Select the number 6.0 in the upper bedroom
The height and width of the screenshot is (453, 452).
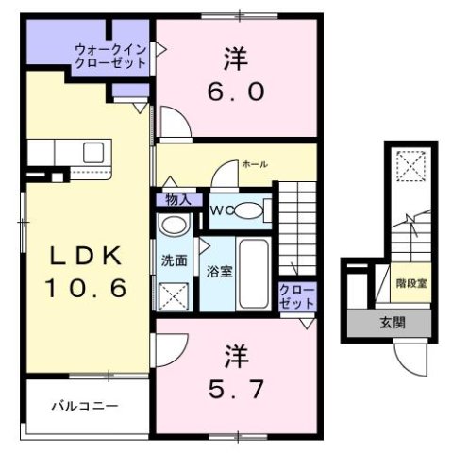236,92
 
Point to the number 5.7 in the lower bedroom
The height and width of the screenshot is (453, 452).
236,386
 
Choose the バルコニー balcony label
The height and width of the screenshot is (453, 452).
85,407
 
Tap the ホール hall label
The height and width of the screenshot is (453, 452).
255,164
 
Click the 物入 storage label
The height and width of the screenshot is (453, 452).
177,200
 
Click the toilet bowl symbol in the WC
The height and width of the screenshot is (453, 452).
251,210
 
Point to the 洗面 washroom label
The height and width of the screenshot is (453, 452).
174,260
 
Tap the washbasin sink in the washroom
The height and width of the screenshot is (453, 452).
174,226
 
